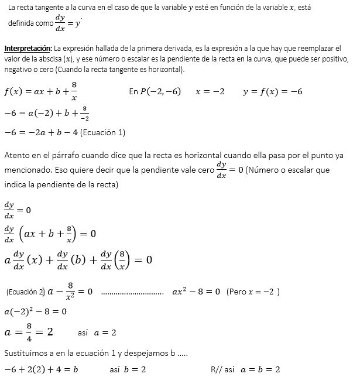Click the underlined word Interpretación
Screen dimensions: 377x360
[28, 47]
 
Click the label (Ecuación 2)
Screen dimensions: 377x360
[25, 292]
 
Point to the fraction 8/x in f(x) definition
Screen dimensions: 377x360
[74, 91]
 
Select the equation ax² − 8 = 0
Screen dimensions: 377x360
[196, 292]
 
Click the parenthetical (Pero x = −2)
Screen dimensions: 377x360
[253, 292]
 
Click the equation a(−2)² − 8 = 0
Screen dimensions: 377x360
[35, 311]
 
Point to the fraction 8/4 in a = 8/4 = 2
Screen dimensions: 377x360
[29, 332]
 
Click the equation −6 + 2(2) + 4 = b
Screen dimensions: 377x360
[41, 369]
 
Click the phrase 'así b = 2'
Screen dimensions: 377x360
[128, 369]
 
